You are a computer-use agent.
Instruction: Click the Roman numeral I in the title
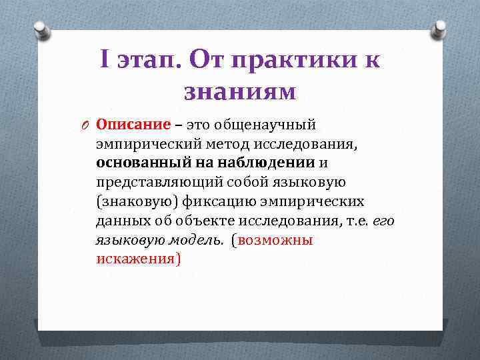click(106, 60)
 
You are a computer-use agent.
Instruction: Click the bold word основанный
click(137, 163)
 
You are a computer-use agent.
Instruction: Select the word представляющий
click(147, 182)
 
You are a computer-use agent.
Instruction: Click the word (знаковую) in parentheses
click(131, 201)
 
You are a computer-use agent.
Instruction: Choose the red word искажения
click(135, 259)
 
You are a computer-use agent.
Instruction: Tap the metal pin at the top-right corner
click(439, 29)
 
